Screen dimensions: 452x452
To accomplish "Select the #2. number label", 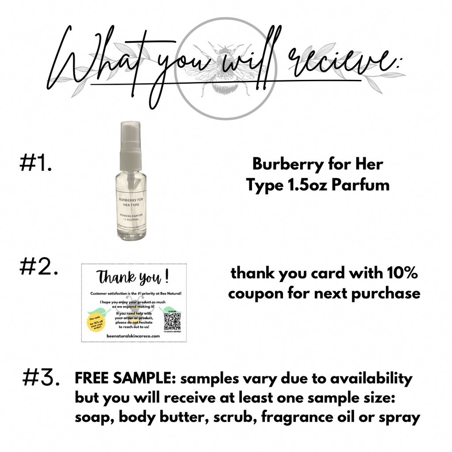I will click(x=39, y=267).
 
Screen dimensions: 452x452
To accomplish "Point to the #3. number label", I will click(x=41, y=378).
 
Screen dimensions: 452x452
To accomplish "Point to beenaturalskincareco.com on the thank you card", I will click(x=133, y=336).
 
